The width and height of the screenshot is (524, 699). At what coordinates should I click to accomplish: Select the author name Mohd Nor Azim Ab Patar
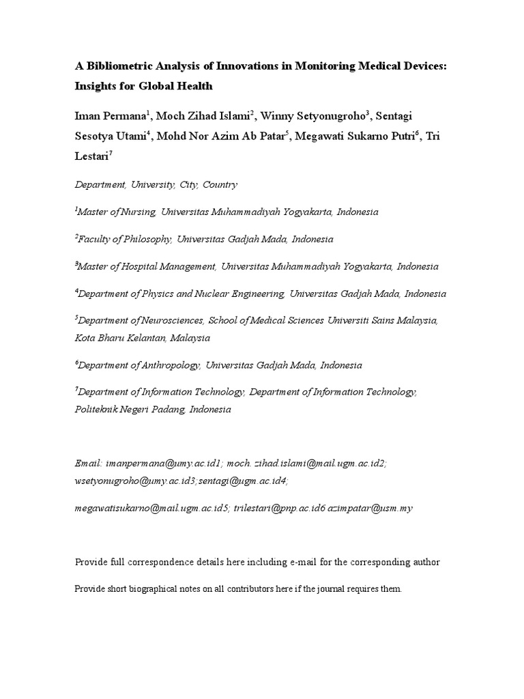[x=223, y=135]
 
